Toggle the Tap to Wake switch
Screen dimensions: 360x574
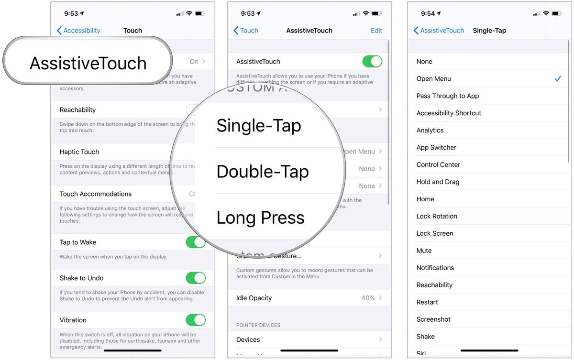pyautogui.click(x=196, y=242)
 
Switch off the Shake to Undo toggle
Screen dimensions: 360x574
pyautogui.click(x=196, y=278)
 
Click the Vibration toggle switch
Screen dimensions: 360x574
pyautogui.click(x=196, y=320)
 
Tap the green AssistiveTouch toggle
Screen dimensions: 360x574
pyautogui.click(x=372, y=62)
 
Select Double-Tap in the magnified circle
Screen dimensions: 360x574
pyautogui.click(x=263, y=172)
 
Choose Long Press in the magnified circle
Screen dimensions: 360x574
pyautogui.click(x=260, y=218)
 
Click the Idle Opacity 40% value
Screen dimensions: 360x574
pyautogui.click(x=368, y=298)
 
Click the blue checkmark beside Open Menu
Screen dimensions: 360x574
pyautogui.click(x=558, y=79)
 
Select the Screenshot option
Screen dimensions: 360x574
pyautogui.click(x=433, y=319)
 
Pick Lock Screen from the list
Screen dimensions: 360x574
pyautogui.click(x=435, y=233)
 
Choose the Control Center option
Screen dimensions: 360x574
pyautogui.click(x=438, y=164)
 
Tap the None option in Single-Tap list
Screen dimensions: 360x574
pyautogui.click(x=424, y=62)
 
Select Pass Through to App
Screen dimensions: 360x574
pyautogui.click(x=448, y=96)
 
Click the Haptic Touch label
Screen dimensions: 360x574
pyautogui.click(x=79, y=152)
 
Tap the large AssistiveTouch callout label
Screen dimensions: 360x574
pyautogui.click(x=88, y=63)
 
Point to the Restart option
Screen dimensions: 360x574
pyautogui.click(x=427, y=302)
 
